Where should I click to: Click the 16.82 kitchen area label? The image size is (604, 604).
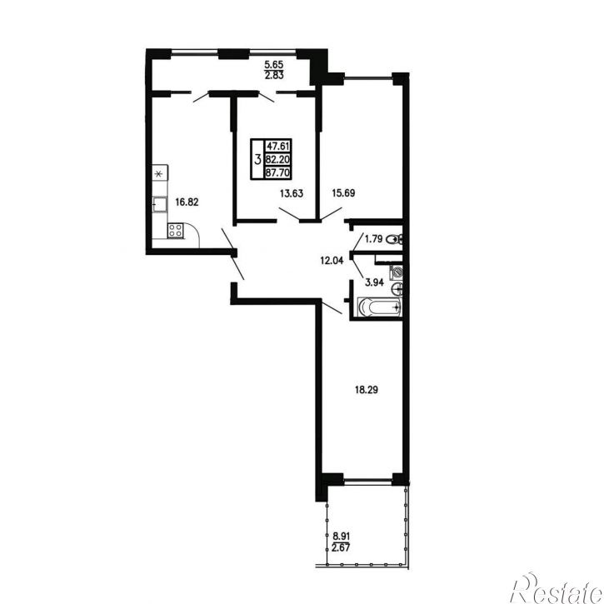[x=187, y=202]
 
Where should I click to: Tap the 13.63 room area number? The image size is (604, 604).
[x=292, y=193]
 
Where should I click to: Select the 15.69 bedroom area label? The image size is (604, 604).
[x=343, y=193]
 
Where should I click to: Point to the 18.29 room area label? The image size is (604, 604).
[x=366, y=390]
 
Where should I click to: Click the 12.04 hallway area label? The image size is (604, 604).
[x=332, y=261]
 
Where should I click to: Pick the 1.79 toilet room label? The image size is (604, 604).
[x=374, y=239]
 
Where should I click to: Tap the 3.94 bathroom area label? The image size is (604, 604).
[x=374, y=282]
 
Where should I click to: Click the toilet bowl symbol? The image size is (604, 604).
[x=394, y=240]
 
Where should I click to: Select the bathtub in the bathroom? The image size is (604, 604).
[x=380, y=307]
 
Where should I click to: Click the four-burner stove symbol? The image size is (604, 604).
[x=175, y=231]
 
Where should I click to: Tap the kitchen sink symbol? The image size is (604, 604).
[x=159, y=204]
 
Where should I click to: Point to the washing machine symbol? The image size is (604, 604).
[x=397, y=272]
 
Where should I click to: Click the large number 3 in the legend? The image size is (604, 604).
[x=257, y=158]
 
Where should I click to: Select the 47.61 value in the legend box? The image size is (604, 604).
[x=277, y=146]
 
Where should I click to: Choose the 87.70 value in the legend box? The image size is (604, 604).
[x=277, y=172]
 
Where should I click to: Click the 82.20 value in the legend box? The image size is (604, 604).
[x=277, y=159]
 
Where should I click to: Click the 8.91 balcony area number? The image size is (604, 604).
[x=342, y=536]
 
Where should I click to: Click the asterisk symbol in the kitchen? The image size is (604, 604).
[x=158, y=174]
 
